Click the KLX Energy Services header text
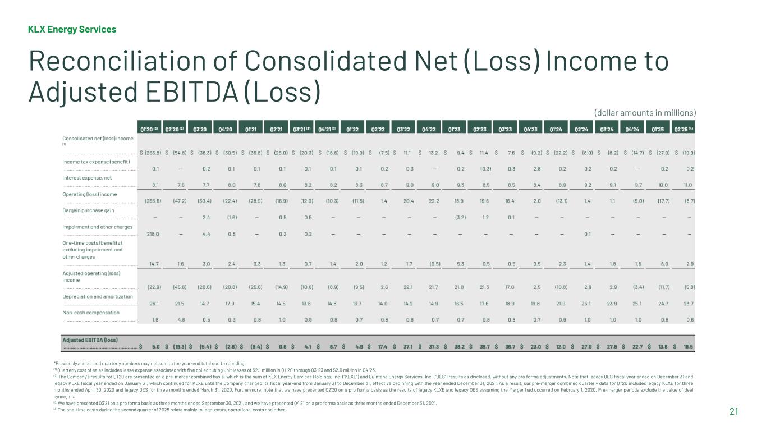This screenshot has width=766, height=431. [x=72, y=29]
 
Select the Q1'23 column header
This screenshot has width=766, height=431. [x=455, y=129]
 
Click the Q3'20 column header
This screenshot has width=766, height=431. [x=199, y=129]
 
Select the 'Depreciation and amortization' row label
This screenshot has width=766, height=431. [x=97, y=296]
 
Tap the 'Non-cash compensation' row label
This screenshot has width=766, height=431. [x=91, y=312]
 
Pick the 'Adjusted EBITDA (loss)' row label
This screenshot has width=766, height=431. [x=90, y=340]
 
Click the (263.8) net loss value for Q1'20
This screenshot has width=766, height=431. [x=150, y=152]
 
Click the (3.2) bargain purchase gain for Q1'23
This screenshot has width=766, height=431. [x=458, y=218]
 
